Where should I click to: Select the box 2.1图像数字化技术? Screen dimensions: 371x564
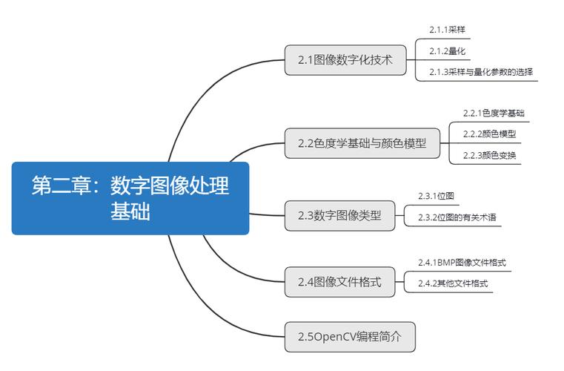click(345, 60)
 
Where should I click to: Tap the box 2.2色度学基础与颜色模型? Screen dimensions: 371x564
click(362, 143)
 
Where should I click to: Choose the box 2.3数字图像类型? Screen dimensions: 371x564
click(339, 216)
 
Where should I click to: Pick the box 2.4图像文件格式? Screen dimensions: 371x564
click(339, 282)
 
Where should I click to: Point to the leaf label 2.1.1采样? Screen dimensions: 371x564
click(447, 30)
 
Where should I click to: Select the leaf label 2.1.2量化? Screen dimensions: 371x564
click(447, 50)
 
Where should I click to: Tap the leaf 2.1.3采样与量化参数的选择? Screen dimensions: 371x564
click(481, 72)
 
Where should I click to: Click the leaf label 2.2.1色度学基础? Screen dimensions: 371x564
click(494, 113)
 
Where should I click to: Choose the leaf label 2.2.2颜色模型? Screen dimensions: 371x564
click(489, 134)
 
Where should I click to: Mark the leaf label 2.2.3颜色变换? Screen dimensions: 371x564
click(489, 155)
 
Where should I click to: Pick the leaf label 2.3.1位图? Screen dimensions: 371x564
click(436, 196)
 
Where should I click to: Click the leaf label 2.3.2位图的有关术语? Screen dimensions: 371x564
click(457, 217)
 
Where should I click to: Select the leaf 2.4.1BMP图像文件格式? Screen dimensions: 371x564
click(462, 263)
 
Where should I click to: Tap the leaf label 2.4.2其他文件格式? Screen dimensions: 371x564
click(453, 283)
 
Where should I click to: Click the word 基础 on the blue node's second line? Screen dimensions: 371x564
click(130, 211)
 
